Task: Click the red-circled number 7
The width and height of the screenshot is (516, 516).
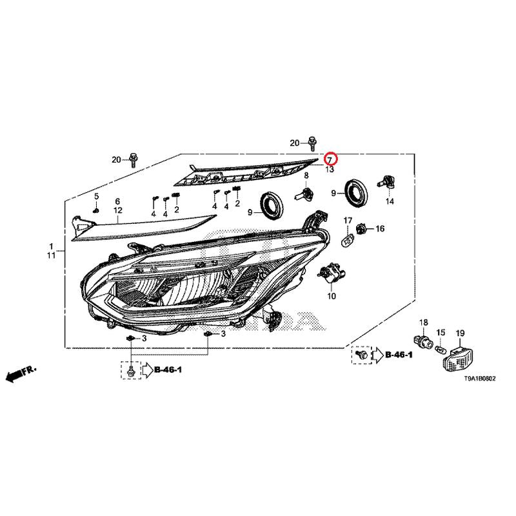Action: tap(330, 160)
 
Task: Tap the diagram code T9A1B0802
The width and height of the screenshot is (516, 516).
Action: tap(479, 379)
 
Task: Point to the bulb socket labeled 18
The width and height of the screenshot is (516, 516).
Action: tap(423, 341)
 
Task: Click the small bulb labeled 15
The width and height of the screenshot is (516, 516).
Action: tap(441, 348)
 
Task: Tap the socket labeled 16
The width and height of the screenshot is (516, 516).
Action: tap(361, 228)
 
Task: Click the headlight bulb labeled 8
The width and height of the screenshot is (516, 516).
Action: tap(304, 193)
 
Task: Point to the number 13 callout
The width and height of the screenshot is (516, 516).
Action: tap(330, 170)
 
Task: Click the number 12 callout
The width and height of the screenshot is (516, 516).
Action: tap(118, 210)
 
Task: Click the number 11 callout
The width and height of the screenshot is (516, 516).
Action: tap(52, 255)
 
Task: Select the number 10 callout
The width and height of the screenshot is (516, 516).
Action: tap(332, 296)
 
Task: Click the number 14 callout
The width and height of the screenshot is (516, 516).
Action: tap(390, 201)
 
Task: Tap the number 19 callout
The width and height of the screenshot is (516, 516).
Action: tap(460, 333)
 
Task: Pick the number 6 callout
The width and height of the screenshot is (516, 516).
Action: tap(117, 201)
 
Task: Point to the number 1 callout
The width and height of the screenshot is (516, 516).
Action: tap(52, 246)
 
